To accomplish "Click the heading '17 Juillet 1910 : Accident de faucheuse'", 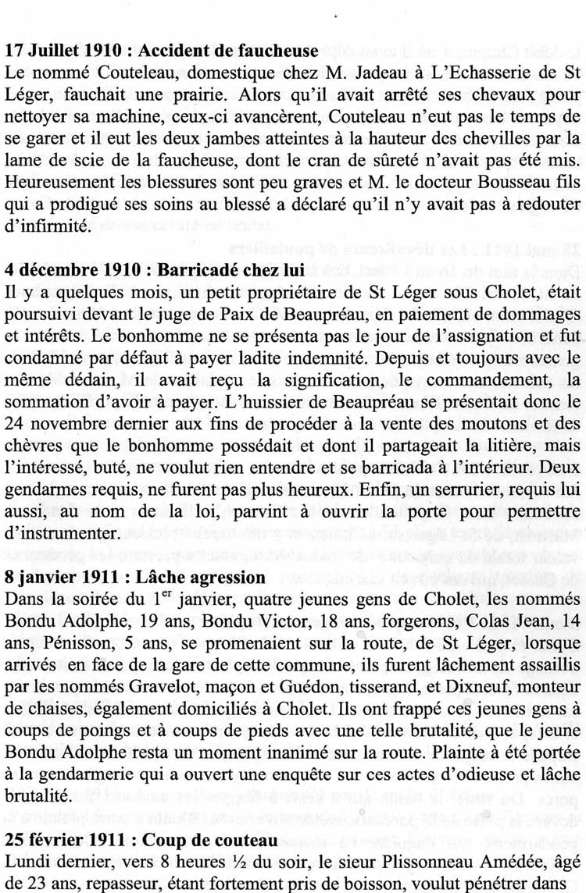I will coord(162,52).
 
